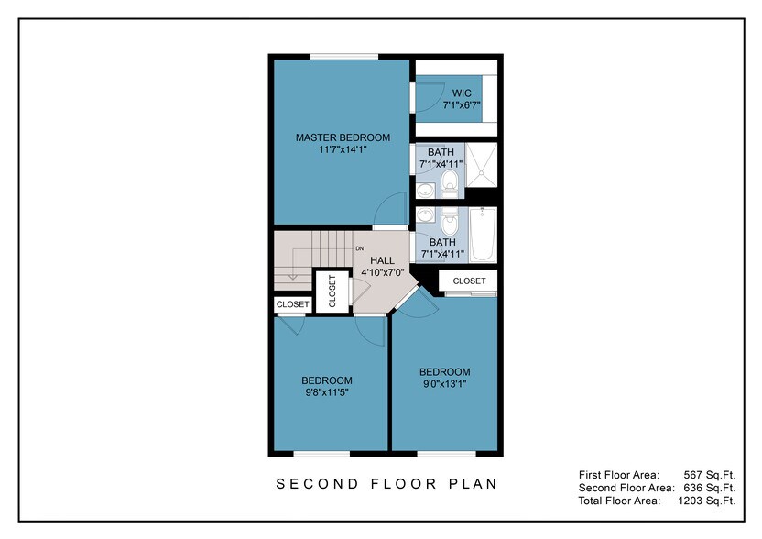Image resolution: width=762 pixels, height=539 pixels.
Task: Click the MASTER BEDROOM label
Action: [343, 137]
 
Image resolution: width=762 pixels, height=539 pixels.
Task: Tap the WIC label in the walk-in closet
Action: [462, 93]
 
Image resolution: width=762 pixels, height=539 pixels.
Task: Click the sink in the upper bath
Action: [425, 191]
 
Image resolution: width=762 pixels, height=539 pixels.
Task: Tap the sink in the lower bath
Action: [425, 216]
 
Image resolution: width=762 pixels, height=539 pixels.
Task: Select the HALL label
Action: [382, 260]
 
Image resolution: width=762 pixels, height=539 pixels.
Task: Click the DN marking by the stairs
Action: [360, 248]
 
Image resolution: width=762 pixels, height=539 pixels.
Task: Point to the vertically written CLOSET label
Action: [332, 290]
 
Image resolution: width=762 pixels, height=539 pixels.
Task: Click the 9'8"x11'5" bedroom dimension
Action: [327, 392]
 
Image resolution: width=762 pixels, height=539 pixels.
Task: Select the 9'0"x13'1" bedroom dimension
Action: [444, 384]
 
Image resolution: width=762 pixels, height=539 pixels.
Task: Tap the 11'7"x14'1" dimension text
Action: [343, 149]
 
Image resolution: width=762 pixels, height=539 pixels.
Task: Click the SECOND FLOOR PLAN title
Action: [387, 483]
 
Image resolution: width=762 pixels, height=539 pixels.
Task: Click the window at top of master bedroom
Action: [343, 57]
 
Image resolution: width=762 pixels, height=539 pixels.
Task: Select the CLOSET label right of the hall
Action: [469, 280]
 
